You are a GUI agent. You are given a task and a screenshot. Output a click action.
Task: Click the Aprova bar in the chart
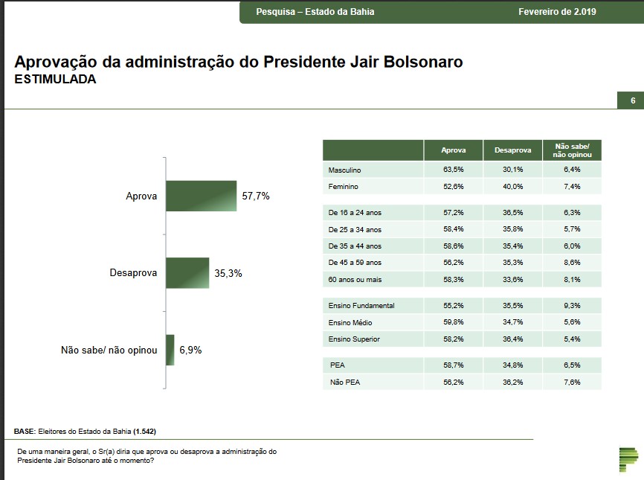[x=201, y=196]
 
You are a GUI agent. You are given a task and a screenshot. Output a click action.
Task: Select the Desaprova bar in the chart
[x=187, y=273]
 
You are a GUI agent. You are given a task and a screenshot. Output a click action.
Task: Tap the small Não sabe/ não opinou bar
[x=170, y=350]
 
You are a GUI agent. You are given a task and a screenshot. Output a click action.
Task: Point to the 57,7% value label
[x=256, y=196]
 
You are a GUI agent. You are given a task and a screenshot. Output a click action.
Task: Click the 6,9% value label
[x=190, y=350]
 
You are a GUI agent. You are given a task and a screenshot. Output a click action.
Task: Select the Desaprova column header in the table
[x=512, y=150]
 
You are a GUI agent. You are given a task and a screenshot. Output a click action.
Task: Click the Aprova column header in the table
[x=453, y=150]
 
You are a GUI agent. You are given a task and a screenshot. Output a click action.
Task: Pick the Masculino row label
[x=344, y=170]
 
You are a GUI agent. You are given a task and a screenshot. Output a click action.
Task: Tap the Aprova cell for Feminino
[x=453, y=187]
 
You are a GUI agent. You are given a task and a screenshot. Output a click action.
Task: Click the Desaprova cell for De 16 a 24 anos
[x=512, y=213]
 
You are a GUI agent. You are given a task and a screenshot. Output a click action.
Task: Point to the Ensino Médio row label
[x=350, y=323]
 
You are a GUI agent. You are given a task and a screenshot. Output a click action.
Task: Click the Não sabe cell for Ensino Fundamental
[x=572, y=306]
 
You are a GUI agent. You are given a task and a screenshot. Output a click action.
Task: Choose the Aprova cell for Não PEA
[x=453, y=383]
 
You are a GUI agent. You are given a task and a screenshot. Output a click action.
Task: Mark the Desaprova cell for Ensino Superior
[x=512, y=339]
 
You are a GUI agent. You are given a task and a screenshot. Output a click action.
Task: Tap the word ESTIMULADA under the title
[x=55, y=79]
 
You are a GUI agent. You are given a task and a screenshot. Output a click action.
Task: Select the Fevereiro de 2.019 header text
[x=557, y=12]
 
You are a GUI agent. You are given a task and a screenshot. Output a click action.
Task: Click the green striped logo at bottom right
[x=628, y=460]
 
